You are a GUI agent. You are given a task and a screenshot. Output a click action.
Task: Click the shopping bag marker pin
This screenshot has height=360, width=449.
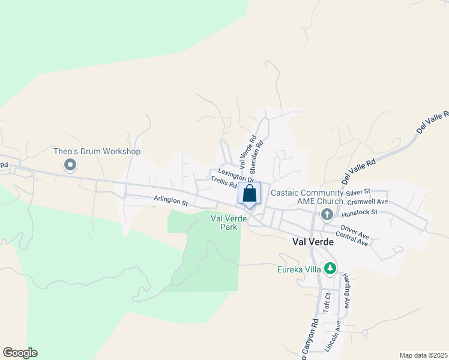click(250, 194)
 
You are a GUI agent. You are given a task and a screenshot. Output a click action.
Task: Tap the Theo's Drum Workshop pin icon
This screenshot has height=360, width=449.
click(70, 164)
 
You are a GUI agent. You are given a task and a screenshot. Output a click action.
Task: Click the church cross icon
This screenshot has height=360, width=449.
click(327, 214)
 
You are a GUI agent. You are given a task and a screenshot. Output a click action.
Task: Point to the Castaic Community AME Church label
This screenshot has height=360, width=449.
click(307, 197)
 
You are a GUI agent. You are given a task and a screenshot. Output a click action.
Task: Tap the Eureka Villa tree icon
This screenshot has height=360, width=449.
click(329, 268)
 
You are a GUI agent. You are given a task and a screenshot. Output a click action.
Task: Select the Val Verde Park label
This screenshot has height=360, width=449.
click(229, 223)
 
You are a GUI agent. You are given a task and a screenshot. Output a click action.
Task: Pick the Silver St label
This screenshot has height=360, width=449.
click(359, 193)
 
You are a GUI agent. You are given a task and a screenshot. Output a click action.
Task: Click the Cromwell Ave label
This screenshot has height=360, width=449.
click(367, 202)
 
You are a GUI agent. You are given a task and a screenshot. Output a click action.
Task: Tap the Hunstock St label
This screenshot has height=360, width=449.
click(359, 212)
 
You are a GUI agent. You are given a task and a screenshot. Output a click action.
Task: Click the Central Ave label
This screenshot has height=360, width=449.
click(352, 238)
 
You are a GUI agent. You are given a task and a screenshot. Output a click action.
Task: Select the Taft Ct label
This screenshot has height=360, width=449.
click(327, 303)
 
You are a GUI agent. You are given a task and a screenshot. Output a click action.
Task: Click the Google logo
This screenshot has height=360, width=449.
click(20, 353)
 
